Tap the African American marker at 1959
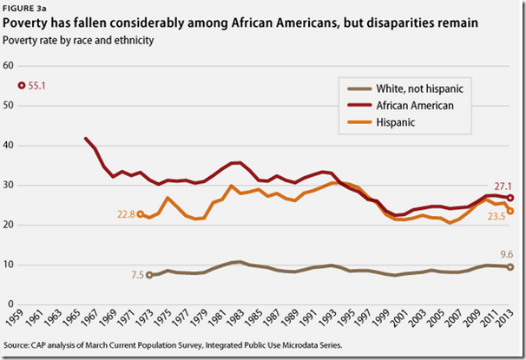(23, 86)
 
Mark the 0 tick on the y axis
(11, 305)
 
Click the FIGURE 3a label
(23, 9)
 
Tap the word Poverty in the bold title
(29, 23)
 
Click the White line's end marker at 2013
(510, 266)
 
